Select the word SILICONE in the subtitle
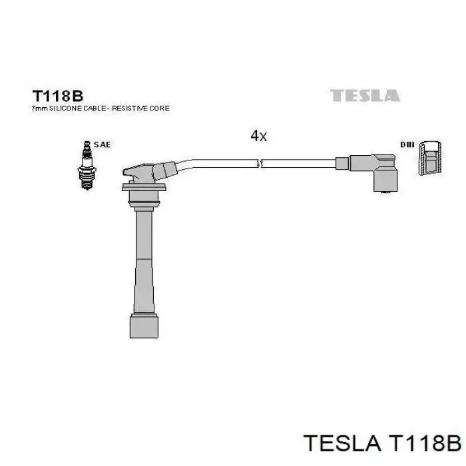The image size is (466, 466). coord(62,108)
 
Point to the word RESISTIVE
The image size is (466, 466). coord(133,108)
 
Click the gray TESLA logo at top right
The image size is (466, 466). coord(365,96)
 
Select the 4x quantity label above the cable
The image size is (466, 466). coord(258,136)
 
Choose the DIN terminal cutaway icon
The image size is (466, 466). coord(431,160)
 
